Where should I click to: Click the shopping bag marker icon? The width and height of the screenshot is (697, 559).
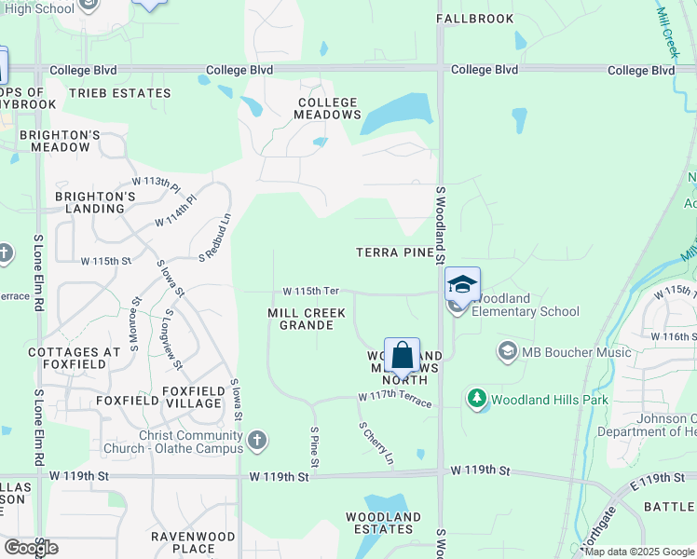pos(402,356)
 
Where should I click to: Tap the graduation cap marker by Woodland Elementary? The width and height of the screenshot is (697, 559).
pos(462,284)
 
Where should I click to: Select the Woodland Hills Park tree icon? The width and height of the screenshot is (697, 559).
pos(478,400)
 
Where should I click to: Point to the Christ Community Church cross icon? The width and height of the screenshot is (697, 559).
pos(257,439)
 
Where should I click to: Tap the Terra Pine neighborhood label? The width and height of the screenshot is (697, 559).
pos(395,252)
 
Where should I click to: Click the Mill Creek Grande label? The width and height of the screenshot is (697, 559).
pos(301,319)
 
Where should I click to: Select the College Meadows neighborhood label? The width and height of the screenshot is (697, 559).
pos(327,108)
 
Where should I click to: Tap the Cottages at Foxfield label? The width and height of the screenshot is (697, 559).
pos(75,359)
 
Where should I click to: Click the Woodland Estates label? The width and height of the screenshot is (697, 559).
pos(383,523)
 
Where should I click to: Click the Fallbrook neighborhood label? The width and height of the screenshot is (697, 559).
pos(474,19)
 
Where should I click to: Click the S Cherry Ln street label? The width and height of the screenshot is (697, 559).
pos(376,443)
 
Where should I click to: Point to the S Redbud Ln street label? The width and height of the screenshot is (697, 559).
pos(213,238)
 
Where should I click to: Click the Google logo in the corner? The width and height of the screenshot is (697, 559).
pos(32,547)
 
